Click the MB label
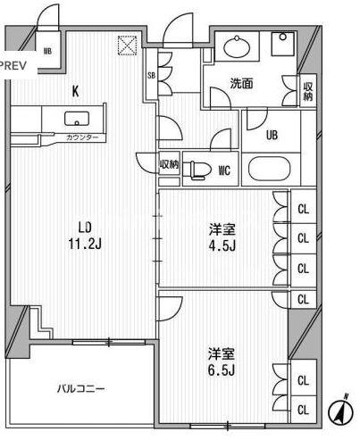coord(46,51)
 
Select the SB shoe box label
coord(151,76)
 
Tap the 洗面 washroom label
coord(241,84)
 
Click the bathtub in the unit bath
coord(274,169)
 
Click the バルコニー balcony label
coord(80,389)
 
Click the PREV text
coord(13,66)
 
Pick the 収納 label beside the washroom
coord(307,90)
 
